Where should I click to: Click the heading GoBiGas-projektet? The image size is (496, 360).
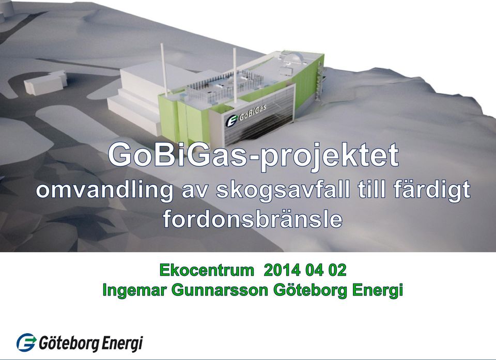coord(253,155)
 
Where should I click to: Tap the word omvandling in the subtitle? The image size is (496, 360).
coord(104,191)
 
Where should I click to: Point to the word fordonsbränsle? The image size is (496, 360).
coord(253,218)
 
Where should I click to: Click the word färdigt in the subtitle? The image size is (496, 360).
coord(432,191)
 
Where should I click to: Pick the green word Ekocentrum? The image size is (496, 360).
coord(207,271)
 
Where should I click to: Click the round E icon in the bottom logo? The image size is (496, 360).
coord(26,342)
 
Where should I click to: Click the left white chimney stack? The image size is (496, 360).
coord(164,69)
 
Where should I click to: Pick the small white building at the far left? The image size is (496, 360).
coord(45,82)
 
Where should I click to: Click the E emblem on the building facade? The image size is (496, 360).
coord(231,121)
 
